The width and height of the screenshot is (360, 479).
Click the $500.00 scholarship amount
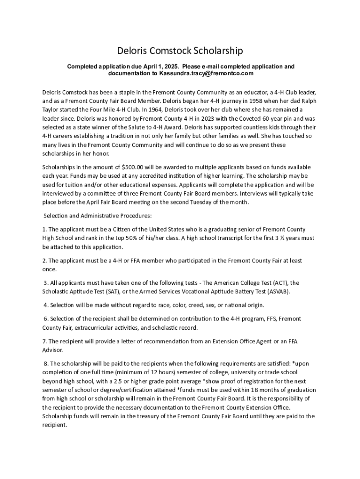(x=133, y=167)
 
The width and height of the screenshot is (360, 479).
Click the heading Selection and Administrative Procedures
(x=98, y=216)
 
